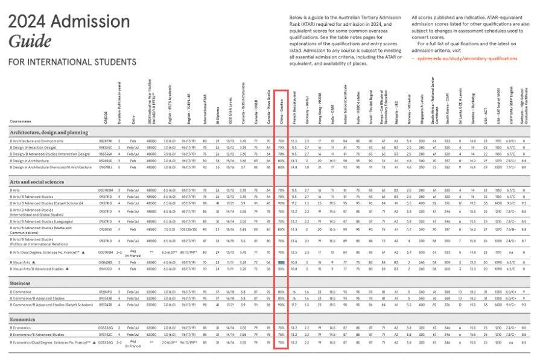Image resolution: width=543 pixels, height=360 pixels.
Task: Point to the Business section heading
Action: [22, 282]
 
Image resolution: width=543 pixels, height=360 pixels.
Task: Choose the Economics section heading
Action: [24, 319]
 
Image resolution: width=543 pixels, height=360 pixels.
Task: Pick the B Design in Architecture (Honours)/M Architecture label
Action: [50, 166]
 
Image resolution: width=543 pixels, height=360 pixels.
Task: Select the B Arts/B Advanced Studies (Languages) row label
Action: [46, 221]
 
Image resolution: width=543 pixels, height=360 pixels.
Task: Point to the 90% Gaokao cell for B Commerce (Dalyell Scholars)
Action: [281, 305]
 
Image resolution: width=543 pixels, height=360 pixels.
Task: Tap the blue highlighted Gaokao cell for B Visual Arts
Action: [281, 263]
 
